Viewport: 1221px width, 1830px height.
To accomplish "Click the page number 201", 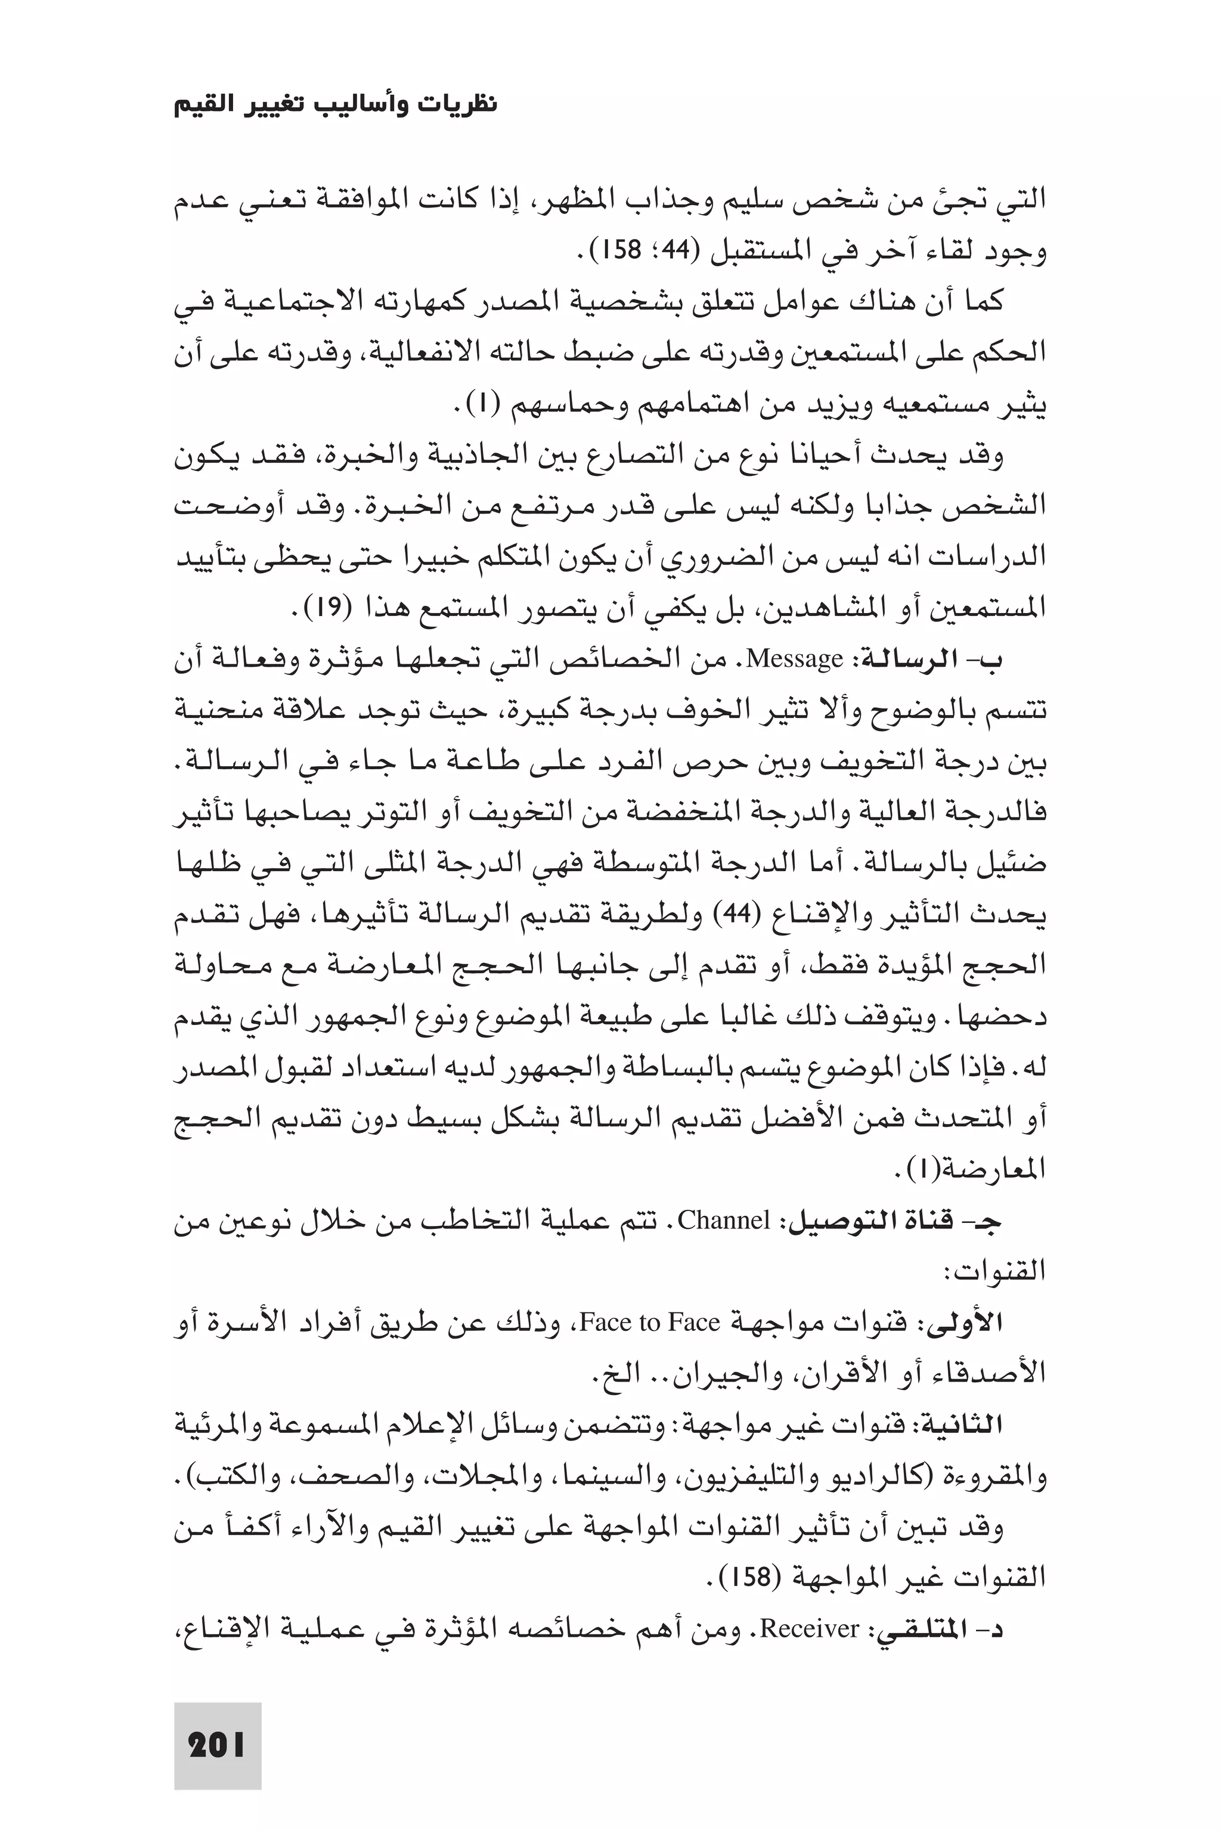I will coord(216,1746).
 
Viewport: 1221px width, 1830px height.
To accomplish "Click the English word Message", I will coord(794,659).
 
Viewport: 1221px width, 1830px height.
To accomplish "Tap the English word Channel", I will coord(724,1220).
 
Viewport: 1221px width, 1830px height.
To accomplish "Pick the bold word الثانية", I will coord(963,1425).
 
